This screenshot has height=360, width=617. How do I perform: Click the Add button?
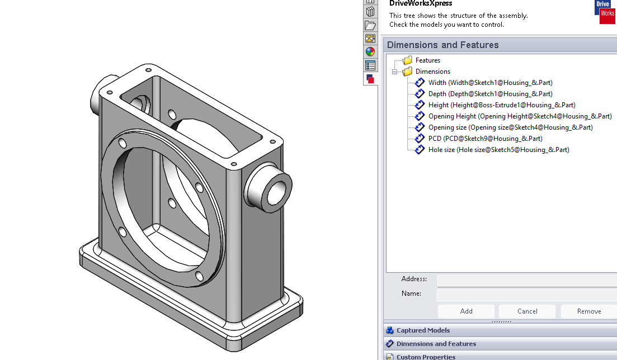pyautogui.click(x=466, y=311)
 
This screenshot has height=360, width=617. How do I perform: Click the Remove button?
pyautogui.click(x=588, y=311)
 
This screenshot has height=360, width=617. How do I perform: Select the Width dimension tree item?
pyautogui.click(x=490, y=83)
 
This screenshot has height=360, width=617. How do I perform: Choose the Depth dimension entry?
pyautogui.click(x=490, y=94)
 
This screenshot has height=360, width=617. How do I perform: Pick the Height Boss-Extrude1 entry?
pyautogui.click(x=501, y=105)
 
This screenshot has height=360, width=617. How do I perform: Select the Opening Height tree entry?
pyautogui.click(x=520, y=116)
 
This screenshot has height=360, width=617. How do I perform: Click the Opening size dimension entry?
pyautogui.click(x=510, y=127)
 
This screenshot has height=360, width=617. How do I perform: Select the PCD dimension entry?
pyautogui.click(x=485, y=139)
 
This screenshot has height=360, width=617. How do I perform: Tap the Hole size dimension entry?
pyautogui.click(x=498, y=150)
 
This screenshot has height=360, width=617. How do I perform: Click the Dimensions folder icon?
pyautogui.click(x=407, y=72)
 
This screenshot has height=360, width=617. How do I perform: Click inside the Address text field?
pyautogui.click(x=526, y=280)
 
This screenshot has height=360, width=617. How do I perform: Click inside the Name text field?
pyautogui.click(x=526, y=294)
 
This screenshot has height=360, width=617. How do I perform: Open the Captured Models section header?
pyautogui.click(x=423, y=330)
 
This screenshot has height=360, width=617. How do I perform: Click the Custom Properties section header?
pyautogui.click(x=426, y=357)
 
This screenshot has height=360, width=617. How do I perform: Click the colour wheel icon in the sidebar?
pyautogui.click(x=370, y=52)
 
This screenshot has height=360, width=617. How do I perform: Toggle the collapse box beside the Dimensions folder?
pyautogui.click(x=394, y=72)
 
